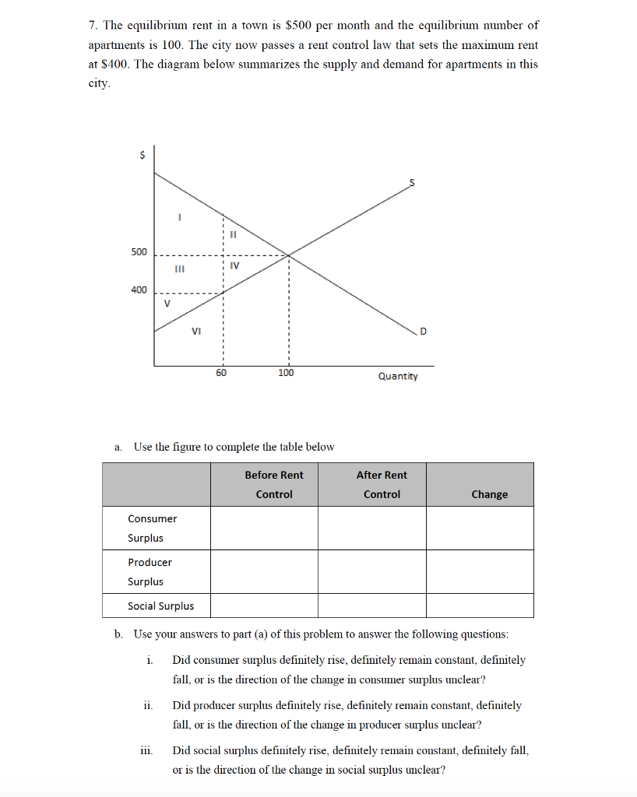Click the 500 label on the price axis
click(138, 252)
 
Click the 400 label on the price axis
click(138, 290)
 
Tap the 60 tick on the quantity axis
click(222, 373)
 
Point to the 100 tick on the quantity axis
click(286, 373)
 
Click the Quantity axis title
click(397, 377)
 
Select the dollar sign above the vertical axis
click(141, 155)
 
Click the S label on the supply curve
click(413, 182)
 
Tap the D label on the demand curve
click(423, 333)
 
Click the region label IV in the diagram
click(235, 266)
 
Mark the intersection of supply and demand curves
click(289, 255)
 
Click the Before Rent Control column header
click(274, 484)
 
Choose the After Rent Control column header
click(382, 484)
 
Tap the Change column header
click(489, 494)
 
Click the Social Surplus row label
click(161, 606)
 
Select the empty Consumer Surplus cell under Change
click(480, 528)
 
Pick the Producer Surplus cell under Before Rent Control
click(264, 571)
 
